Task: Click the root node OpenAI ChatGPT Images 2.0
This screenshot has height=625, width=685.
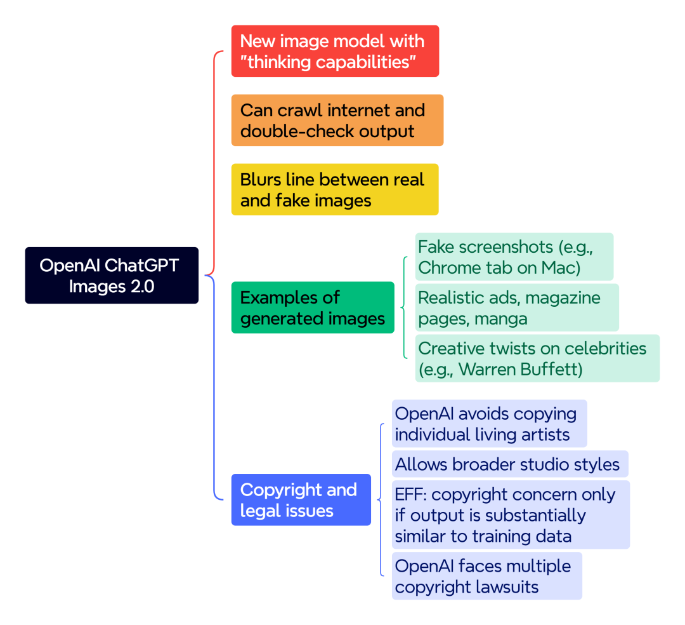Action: (x=112, y=275)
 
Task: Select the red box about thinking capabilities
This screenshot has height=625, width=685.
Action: (x=335, y=51)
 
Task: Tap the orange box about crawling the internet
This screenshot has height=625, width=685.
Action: (x=337, y=120)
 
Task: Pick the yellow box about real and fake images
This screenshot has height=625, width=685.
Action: (x=335, y=189)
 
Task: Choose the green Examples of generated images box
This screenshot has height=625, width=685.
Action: (x=313, y=307)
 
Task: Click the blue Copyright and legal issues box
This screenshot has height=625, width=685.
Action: (x=301, y=499)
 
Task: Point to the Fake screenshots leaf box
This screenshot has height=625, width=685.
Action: (x=514, y=257)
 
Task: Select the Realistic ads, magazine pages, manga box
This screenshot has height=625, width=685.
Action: (x=517, y=307)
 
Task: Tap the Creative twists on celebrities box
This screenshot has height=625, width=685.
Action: (x=537, y=358)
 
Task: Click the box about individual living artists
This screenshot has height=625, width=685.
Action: (x=489, y=424)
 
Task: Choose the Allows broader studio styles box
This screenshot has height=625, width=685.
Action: (x=510, y=464)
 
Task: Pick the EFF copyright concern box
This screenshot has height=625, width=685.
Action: (x=511, y=514)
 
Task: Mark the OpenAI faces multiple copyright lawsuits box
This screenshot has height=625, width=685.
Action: (x=486, y=575)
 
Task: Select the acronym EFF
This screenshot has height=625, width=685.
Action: (x=410, y=494)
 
